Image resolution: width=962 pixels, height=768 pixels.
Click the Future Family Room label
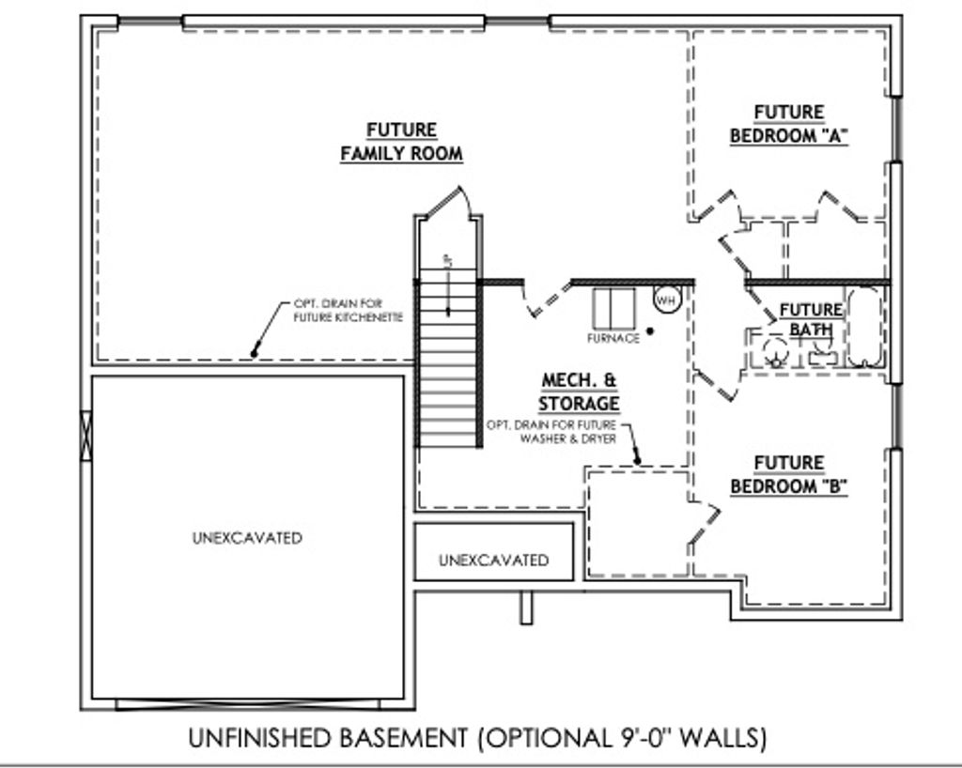click(401, 142)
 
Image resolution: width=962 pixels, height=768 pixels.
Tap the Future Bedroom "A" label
click(789, 124)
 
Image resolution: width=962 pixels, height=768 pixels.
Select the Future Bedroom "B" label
click(789, 475)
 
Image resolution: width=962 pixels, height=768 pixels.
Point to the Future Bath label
click(811, 319)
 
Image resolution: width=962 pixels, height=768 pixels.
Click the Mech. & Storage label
click(579, 392)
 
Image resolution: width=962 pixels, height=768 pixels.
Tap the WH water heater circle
click(666, 300)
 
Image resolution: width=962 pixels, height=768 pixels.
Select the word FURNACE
click(613, 338)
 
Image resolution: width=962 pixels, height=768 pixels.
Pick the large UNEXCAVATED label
click(247, 538)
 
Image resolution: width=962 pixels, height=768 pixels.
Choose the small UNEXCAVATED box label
click(493, 561)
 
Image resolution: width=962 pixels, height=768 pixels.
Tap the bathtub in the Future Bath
click(863, 329)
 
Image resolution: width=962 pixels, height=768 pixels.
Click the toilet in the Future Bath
click(776, 349)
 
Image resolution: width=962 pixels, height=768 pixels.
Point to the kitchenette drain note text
click(348, 311)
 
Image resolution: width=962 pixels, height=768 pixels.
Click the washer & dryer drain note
click(551, 432)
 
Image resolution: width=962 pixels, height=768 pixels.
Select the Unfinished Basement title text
click(477, 738)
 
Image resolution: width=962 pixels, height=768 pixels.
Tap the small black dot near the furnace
click(649, 330)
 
